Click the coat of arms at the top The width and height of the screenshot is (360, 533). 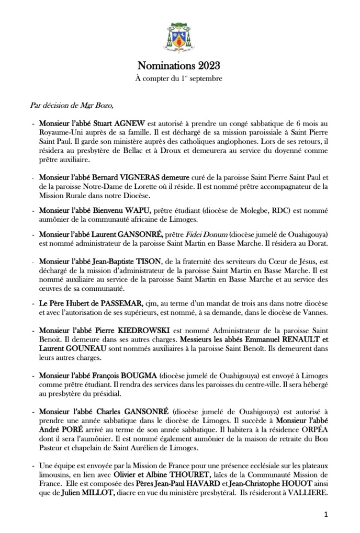pos(179,35)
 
